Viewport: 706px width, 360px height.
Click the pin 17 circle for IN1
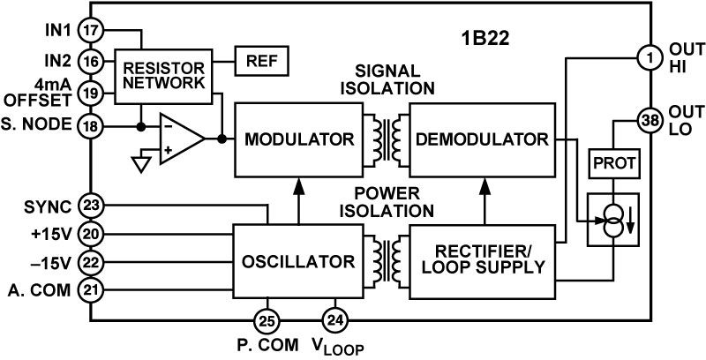[90, 29]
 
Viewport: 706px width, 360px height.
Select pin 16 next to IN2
[90, 60]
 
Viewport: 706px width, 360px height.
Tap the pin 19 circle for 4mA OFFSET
[90, 91]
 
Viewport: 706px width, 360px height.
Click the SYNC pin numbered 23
[90, 205]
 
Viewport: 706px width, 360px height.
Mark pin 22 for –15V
[90, 262]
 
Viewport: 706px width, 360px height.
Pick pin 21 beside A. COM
[90, 289]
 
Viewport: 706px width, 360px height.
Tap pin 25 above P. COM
[266, 319]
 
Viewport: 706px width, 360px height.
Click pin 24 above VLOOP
[334, 319]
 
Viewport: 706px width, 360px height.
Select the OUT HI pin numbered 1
[650, 59]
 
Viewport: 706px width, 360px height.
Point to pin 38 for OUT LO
[650, 122]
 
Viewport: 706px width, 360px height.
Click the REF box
[260, 62]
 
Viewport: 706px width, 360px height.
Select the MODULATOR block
[297, 139]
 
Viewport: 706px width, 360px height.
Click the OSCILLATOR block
[297, 261]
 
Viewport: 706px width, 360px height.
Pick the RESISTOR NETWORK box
[162, 76]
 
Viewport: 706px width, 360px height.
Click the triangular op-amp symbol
[179, 139]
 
